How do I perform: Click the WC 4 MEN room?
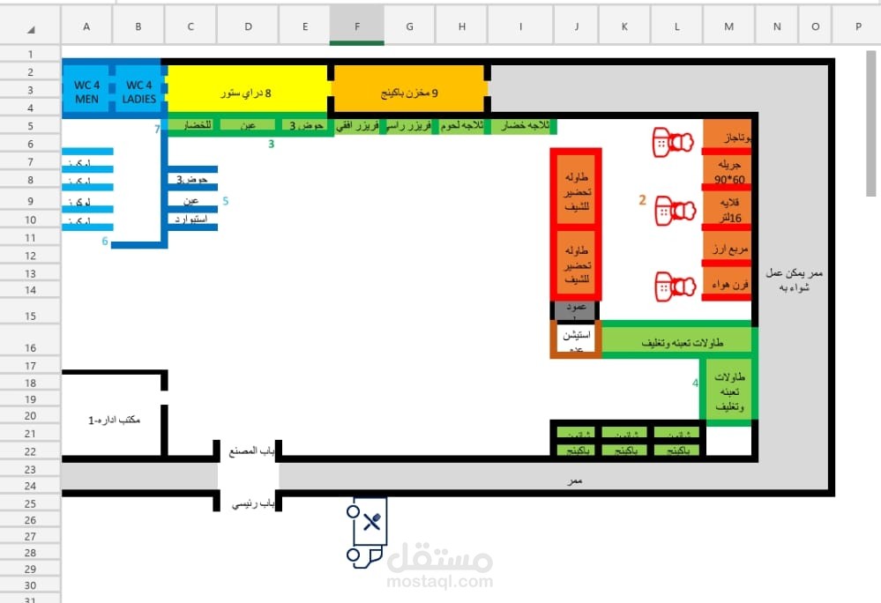pos(86,92)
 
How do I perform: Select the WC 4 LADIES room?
pos(139,92)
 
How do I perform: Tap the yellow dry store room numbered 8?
pos(246,92)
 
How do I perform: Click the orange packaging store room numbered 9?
pos(409,92)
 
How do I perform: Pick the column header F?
pos(357,26)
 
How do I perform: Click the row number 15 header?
pos(30,316)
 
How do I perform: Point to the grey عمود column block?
pos(576,310)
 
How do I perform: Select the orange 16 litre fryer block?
pos(727,210)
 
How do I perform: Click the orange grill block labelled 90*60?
pos(727,172)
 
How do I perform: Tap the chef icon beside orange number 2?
pos(675,210)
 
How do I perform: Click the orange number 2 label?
pos(643,201)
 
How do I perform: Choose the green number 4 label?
pos(695,383)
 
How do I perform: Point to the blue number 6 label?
pos(105,242)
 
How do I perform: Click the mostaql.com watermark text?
pos(439,583)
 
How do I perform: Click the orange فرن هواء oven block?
pos(727,285)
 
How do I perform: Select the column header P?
pos(857,26)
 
